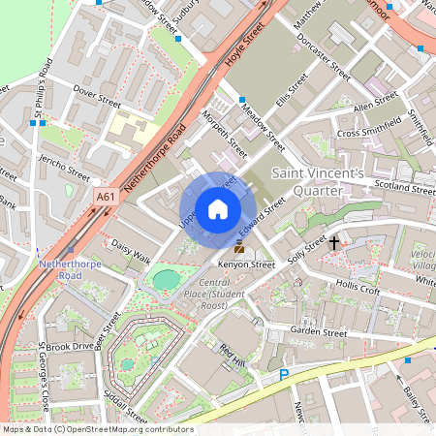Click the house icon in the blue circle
tap(218, 209)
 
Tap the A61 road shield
tap(106, 198)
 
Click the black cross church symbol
tap(334, 242)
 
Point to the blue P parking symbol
tap(284, 375)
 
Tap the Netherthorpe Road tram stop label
tap(65, 270)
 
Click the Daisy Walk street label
tap(131, 251)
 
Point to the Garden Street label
tap(318, 332)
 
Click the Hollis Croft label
tap(358, 288)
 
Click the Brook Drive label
tap(70, 346)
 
